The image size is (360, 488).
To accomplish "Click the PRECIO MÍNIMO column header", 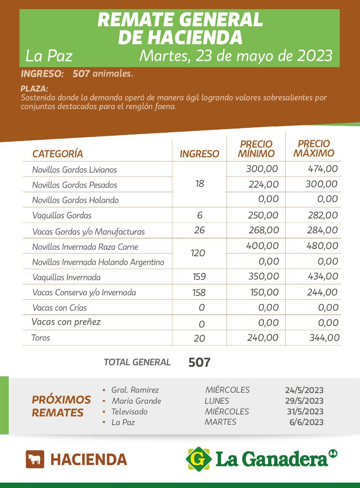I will tap(256, 149).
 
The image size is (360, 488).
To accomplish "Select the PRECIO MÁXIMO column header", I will tap(314, 148).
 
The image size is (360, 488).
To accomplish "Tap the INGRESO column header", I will tap(199, 154).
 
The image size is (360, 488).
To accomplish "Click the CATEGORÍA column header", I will tap(58, 154).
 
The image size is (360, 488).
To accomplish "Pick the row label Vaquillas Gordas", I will tap(62, 215).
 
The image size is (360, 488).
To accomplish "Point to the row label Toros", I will tap(41, 338).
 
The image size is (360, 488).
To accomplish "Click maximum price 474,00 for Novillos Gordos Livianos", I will tap(323, 169).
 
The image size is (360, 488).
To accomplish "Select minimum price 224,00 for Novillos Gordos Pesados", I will tap(264, 185).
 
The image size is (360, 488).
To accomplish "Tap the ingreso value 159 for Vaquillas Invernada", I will tap(199, 277).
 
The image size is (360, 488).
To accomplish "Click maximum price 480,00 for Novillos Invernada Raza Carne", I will tap(322, 246).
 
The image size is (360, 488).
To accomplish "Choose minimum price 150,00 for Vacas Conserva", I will tap(264, 292).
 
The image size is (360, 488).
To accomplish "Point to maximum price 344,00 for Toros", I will tap(324, 338).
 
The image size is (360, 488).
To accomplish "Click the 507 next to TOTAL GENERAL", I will tap(199, 363).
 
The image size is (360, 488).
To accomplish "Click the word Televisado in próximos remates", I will tap(129, 412).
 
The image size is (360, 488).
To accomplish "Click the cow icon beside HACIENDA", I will tap(35, 459).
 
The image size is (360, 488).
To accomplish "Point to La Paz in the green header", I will tap(49, 56).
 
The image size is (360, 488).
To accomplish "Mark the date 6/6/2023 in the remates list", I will tap(307, 422).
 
